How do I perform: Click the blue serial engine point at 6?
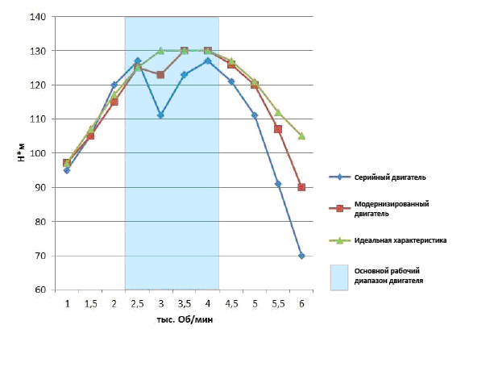point(301,256)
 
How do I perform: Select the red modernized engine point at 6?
point(301,187)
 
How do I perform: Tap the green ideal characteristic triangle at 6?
point(301,135)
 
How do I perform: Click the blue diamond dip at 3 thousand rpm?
point(160,115)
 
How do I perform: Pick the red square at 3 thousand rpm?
point(160,74)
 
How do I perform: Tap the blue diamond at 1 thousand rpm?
point(67,170)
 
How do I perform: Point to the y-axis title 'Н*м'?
point(23,153)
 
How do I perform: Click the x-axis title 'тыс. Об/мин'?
point(184,319)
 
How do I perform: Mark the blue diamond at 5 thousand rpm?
point(255,115)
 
